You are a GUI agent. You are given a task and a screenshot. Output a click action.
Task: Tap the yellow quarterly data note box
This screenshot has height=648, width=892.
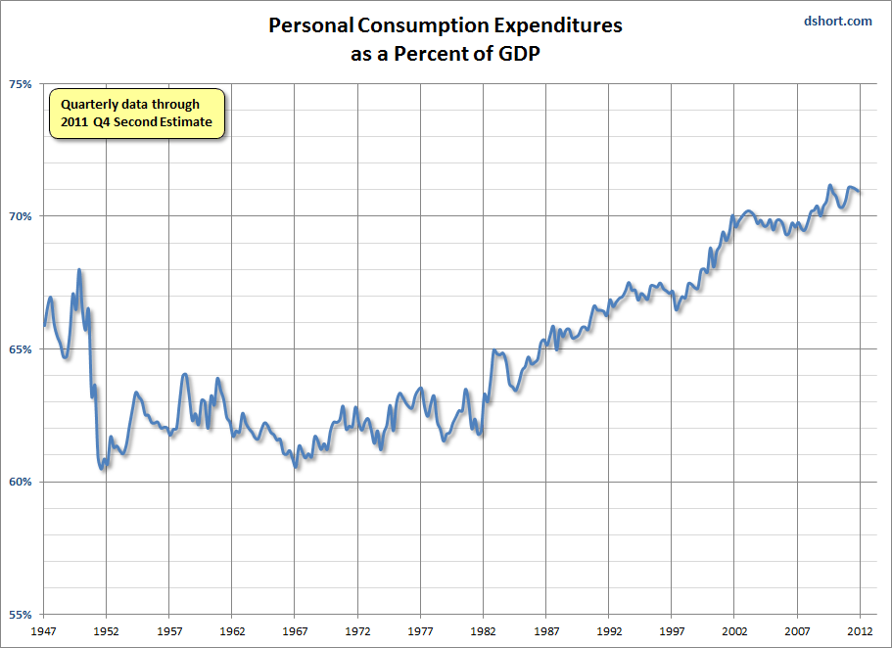137,114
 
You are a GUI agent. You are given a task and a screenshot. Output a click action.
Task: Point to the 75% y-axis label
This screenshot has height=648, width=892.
22,83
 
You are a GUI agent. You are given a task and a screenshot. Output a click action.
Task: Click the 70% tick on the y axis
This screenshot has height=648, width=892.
22,216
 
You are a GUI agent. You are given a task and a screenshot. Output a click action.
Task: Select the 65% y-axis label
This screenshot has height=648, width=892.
22,349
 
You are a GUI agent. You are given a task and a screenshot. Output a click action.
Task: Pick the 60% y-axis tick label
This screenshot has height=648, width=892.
22,483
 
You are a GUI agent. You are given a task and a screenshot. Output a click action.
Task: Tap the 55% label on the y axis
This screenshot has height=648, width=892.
22,616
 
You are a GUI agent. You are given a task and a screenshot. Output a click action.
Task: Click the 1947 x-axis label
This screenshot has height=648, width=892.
43,631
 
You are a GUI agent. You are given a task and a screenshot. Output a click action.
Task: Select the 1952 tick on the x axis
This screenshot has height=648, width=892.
106,631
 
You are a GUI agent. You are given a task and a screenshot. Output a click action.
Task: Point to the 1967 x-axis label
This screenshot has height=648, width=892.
295,631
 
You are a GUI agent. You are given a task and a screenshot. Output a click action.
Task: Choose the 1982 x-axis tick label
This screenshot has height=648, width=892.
484,631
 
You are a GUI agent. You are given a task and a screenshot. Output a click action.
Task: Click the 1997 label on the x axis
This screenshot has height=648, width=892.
672,631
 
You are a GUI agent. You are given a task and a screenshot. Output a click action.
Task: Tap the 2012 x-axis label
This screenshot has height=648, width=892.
860,631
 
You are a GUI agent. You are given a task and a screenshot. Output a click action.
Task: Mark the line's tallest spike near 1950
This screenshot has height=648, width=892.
79,270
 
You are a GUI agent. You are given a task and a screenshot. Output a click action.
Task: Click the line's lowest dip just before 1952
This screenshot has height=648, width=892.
102,468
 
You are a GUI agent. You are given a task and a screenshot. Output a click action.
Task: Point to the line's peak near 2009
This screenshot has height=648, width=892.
829,186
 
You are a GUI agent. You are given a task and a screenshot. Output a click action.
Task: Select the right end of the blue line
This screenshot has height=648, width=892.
860,191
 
